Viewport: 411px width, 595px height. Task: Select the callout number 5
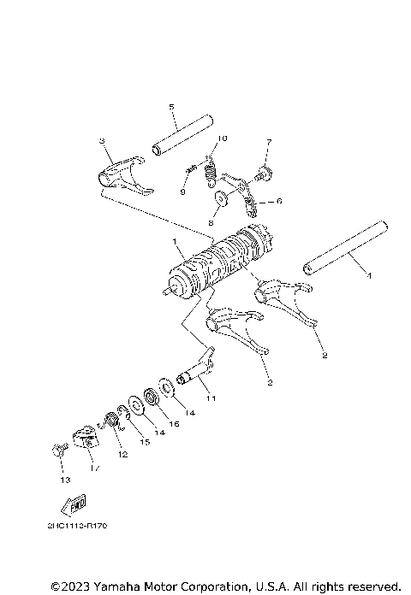tap(171, 107)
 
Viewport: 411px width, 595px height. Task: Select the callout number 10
tap(221, 138)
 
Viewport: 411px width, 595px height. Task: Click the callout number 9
tap(182, 193)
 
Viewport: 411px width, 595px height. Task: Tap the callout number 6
tap(277, 203)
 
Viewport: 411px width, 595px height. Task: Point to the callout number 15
tap(143, 441)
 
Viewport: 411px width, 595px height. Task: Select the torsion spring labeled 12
tap(110, 421)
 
